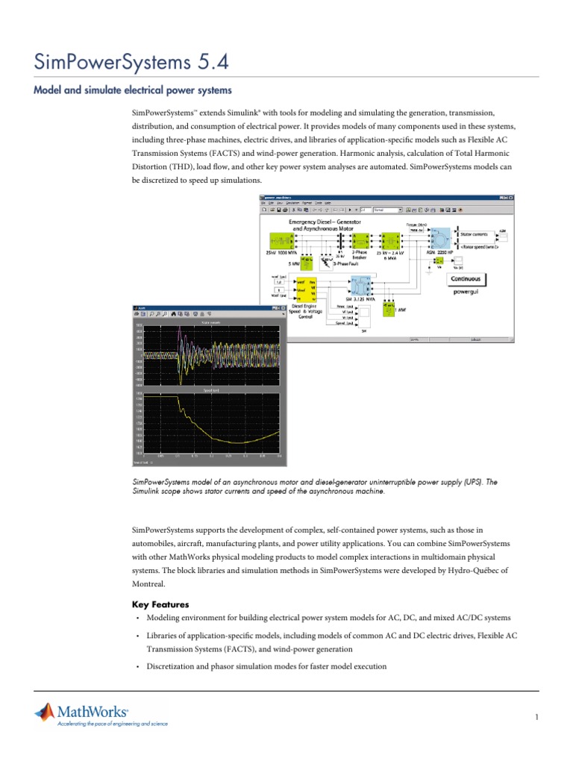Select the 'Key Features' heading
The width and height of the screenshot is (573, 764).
(x=160, y=604)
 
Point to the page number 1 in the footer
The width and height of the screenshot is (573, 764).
(x=536, y=718)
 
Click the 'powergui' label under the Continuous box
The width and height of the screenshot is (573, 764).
(x=466, y=292)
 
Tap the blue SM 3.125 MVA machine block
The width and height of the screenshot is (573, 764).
(x=360, y=286)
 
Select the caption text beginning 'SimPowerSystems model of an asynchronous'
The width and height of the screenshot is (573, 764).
(x=313, y=486)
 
